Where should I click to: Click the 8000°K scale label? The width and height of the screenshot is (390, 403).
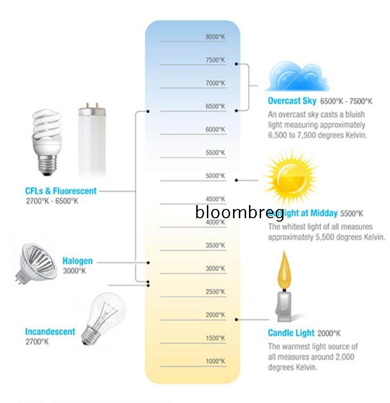215,37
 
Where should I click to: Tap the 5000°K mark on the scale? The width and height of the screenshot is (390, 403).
215,176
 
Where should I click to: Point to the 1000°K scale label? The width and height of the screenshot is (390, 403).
215,361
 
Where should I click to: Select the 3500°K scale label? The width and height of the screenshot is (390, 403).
215,246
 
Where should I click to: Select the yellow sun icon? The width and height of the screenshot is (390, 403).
290,177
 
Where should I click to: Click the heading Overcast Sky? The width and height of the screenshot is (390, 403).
292,101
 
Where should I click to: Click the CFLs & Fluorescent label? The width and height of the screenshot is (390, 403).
61,191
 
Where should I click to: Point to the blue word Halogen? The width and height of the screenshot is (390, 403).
77,261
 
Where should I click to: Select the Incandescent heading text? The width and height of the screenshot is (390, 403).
50,331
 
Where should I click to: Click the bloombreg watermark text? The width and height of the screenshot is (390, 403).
239,211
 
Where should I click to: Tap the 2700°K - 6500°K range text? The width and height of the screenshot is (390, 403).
51,200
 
